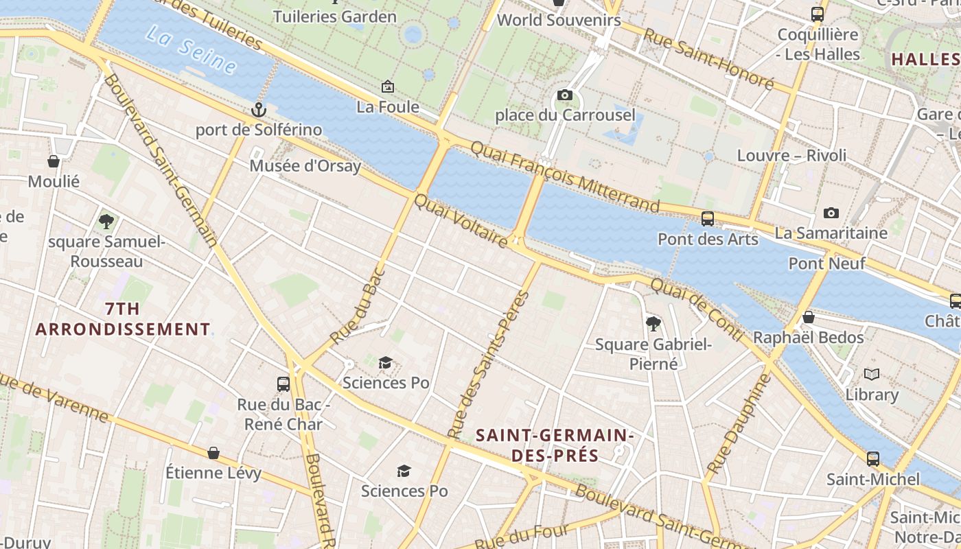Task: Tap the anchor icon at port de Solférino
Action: point(258,109)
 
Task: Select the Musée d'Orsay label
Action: point(305,165)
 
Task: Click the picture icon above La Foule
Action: point(388,86)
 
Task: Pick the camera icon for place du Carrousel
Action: point(565,95)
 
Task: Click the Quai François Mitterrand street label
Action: point(565,176)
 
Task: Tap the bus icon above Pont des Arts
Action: point(708,219)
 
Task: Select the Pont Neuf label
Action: point(826,263)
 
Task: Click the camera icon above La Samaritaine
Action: point(831,213)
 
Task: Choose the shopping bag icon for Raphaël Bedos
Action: point(809,317)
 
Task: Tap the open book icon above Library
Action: point(872,375)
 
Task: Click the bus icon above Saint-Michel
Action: point(873,458)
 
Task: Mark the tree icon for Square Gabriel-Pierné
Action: point(653,323)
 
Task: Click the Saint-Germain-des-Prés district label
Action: point(555,445)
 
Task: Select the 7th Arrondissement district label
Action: point(122,318)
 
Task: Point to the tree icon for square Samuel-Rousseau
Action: point(106,221)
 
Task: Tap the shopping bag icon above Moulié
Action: point(54,161)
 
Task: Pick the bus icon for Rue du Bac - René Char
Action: point(283,384)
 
